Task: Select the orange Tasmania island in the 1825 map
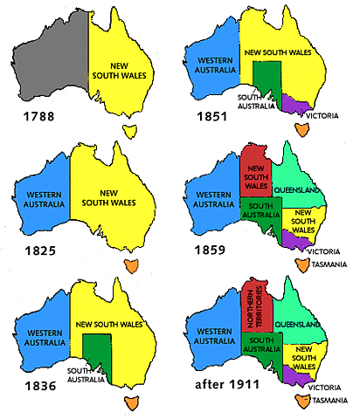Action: click(132, 264)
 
